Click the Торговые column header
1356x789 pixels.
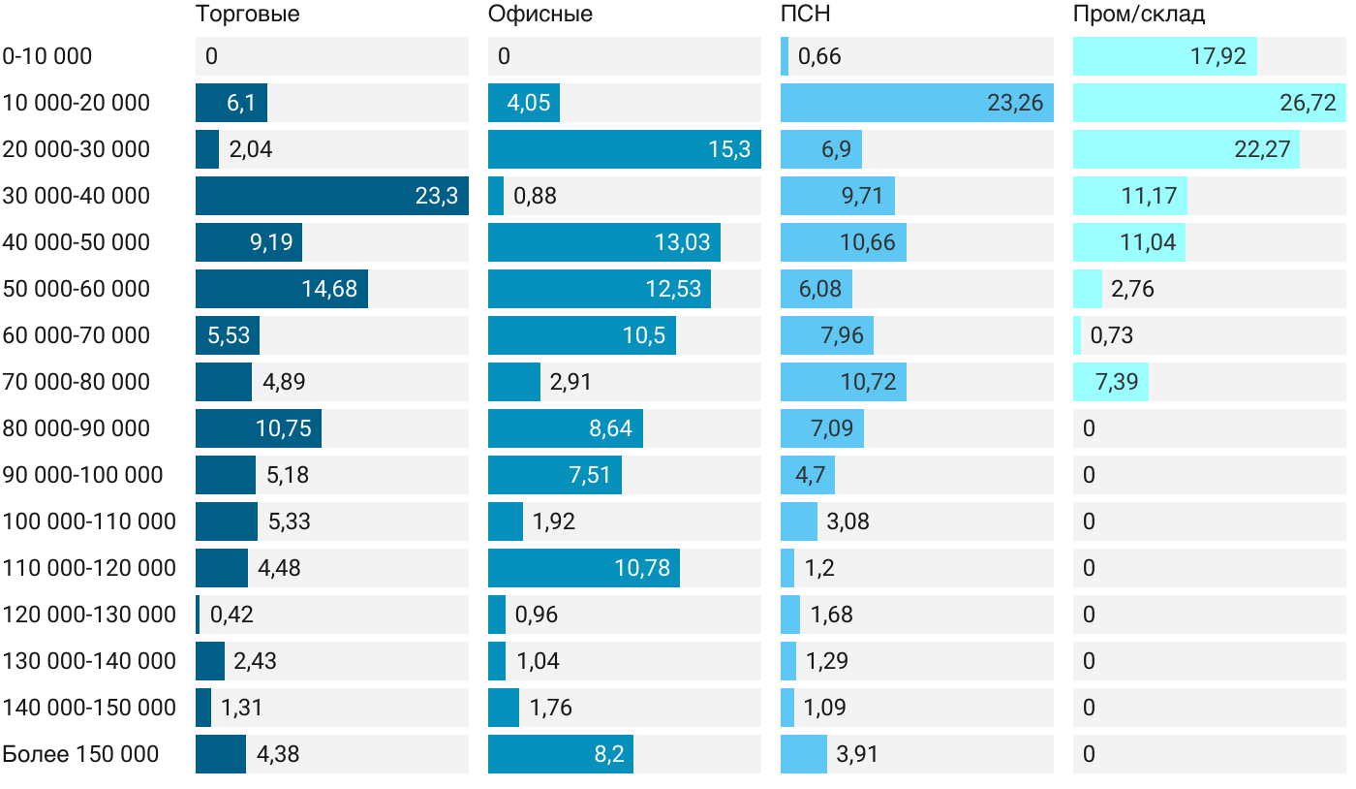coord(247,15)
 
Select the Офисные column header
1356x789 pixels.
coord(539,15)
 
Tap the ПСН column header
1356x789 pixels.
coord(805,15)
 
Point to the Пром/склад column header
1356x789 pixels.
coord(1138,15)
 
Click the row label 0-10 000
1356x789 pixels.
coord(47,56)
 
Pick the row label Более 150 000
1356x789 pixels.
coord(80,754)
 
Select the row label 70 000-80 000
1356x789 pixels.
coord(77,382)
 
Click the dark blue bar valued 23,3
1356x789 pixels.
coord(331,196)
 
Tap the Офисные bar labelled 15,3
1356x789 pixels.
coord(624,149)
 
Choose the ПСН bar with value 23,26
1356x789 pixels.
coord(916,103)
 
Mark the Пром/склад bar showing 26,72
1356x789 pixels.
coord(1209,103)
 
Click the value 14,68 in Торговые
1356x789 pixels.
coord(329,289)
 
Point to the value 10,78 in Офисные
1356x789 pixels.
coord(642,568)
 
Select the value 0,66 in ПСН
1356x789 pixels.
coord(819,56)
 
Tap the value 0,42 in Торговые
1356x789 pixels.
coord(231,615)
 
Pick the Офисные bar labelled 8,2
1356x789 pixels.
coord(560,754)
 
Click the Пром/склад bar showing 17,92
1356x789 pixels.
coord(1164,56)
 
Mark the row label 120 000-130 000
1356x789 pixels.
coord(89,615)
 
